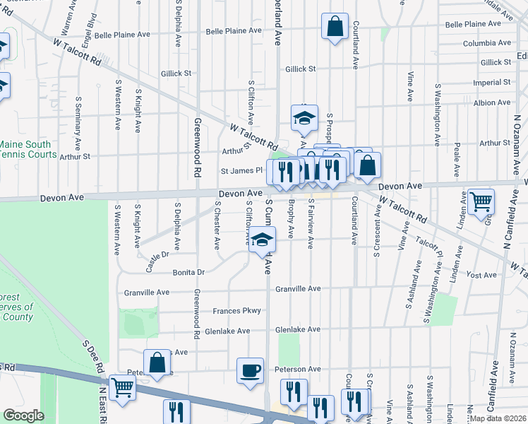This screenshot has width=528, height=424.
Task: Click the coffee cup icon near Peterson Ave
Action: pos(250,370)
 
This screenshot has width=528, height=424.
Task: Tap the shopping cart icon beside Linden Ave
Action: pos(481,201)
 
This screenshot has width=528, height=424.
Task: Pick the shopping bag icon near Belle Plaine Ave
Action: pos(335,27)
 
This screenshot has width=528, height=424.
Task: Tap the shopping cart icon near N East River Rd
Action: pos(123,388)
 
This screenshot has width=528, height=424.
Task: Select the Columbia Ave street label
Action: pos(486,44)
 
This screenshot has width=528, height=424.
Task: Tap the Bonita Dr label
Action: pos(189,272)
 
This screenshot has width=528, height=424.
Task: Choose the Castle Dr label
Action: pos(157,253)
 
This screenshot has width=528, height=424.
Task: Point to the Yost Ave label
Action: pos(483,275)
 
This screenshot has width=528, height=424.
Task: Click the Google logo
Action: pos(23,415)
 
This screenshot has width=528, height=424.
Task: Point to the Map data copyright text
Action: pos(497,418)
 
